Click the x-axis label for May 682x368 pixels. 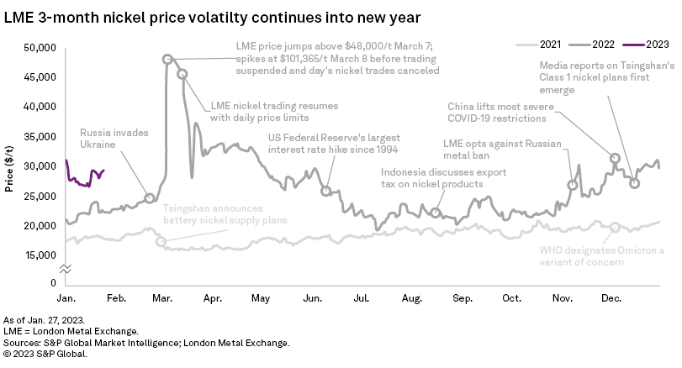(x=261, y=297)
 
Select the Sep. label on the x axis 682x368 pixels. (x=463, y=297)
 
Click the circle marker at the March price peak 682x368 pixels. (x=167, y=59)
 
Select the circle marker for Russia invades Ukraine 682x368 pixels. (x=150, y=198)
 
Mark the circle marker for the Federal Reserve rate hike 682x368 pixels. (x=325, y=191)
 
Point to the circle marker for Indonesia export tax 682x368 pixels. (x=435, y=213)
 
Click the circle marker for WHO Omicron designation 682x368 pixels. (x=616, y=227)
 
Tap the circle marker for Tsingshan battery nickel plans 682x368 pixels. (x=161, y=242)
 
